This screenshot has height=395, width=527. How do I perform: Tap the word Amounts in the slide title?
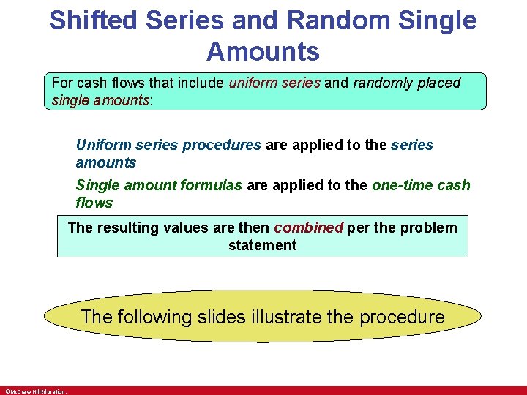(x=263, y=53)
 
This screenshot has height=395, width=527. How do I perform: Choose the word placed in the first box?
(x=439, y=83)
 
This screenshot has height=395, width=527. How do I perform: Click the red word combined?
(x=308, y=227)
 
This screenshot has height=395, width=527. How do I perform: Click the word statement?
(x=262, y=245)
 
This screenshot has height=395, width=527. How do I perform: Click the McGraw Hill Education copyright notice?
(x=35, y=391)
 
